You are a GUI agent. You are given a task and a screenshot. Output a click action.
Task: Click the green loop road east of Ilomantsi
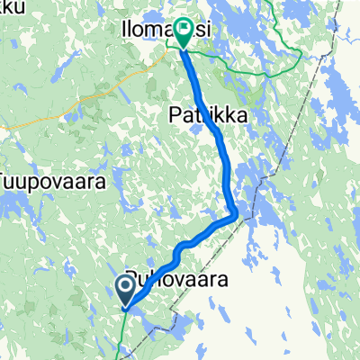pos(261,67)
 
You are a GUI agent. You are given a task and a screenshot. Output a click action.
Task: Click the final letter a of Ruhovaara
pos(219,280)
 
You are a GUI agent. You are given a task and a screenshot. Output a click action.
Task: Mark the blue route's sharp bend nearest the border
pos(236,214)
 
